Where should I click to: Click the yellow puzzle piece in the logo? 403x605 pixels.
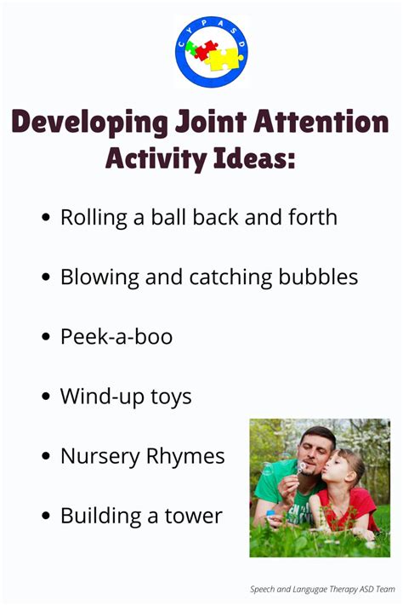click(x=223, y=59)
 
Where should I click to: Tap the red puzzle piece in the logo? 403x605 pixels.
click(x=205, y=49)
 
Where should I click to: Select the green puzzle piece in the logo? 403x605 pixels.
click(x=190, y=48)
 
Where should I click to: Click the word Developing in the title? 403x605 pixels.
click(x=89, y=123)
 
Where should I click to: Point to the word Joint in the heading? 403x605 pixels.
click(x=211, y=121)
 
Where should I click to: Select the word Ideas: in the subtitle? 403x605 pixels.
click(x=254, y=158)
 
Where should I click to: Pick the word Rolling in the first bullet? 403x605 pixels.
click(x=94, y=218)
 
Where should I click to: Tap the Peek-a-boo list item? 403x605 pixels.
click(x=116, y=336)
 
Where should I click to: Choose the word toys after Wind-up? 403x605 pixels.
click(x=171, y=397)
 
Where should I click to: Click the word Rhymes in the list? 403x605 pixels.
click(x=185, y=456)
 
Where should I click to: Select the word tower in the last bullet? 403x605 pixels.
click(x=194, y=516)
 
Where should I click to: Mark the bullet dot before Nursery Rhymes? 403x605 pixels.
click(x=46, y=456)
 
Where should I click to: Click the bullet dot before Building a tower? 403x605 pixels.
click(x=46, y=516)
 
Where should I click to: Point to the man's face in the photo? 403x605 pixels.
click(x=315, y=452)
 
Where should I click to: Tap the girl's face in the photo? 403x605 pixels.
click(x=340, y=468)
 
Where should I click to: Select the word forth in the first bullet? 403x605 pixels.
click(x=313, y=217)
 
